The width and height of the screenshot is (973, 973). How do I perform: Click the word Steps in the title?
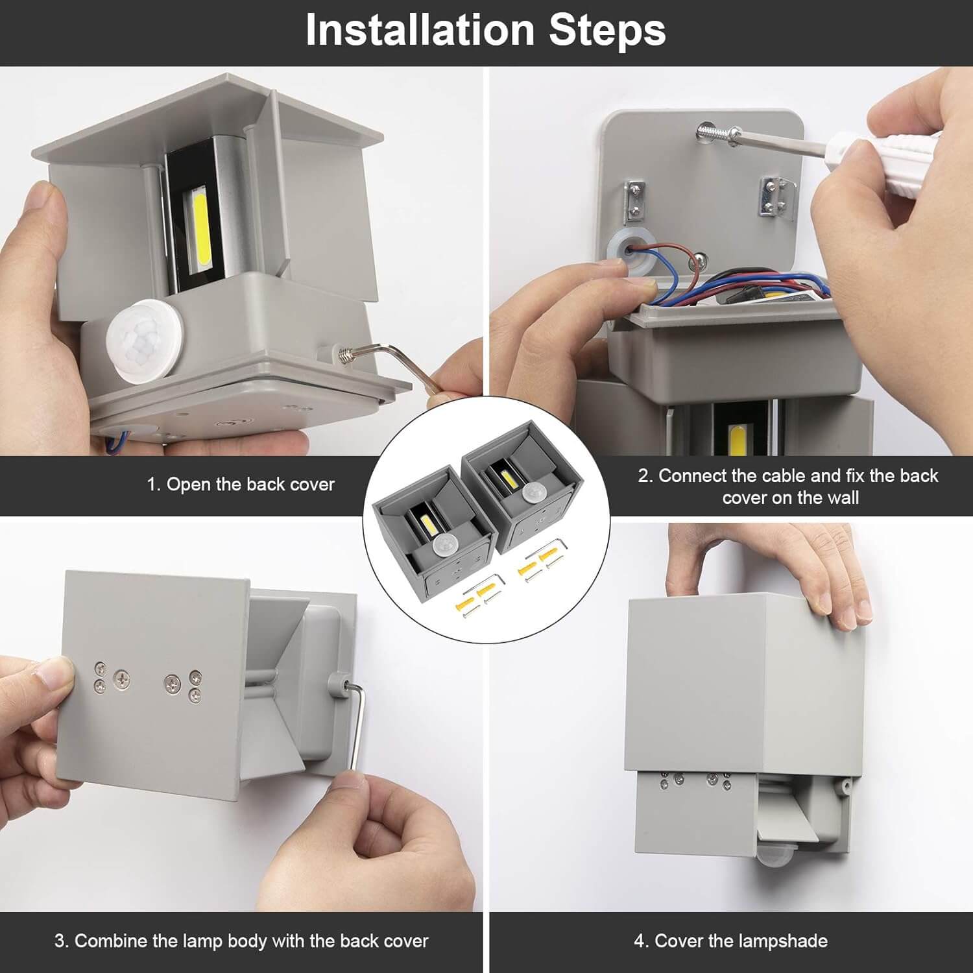607,31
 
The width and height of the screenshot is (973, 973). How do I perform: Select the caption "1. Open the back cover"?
240,485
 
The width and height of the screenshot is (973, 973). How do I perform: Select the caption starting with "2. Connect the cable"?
788,486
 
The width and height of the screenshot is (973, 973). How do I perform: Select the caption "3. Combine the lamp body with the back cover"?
241,941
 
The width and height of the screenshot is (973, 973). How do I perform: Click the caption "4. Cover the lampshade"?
730,941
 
